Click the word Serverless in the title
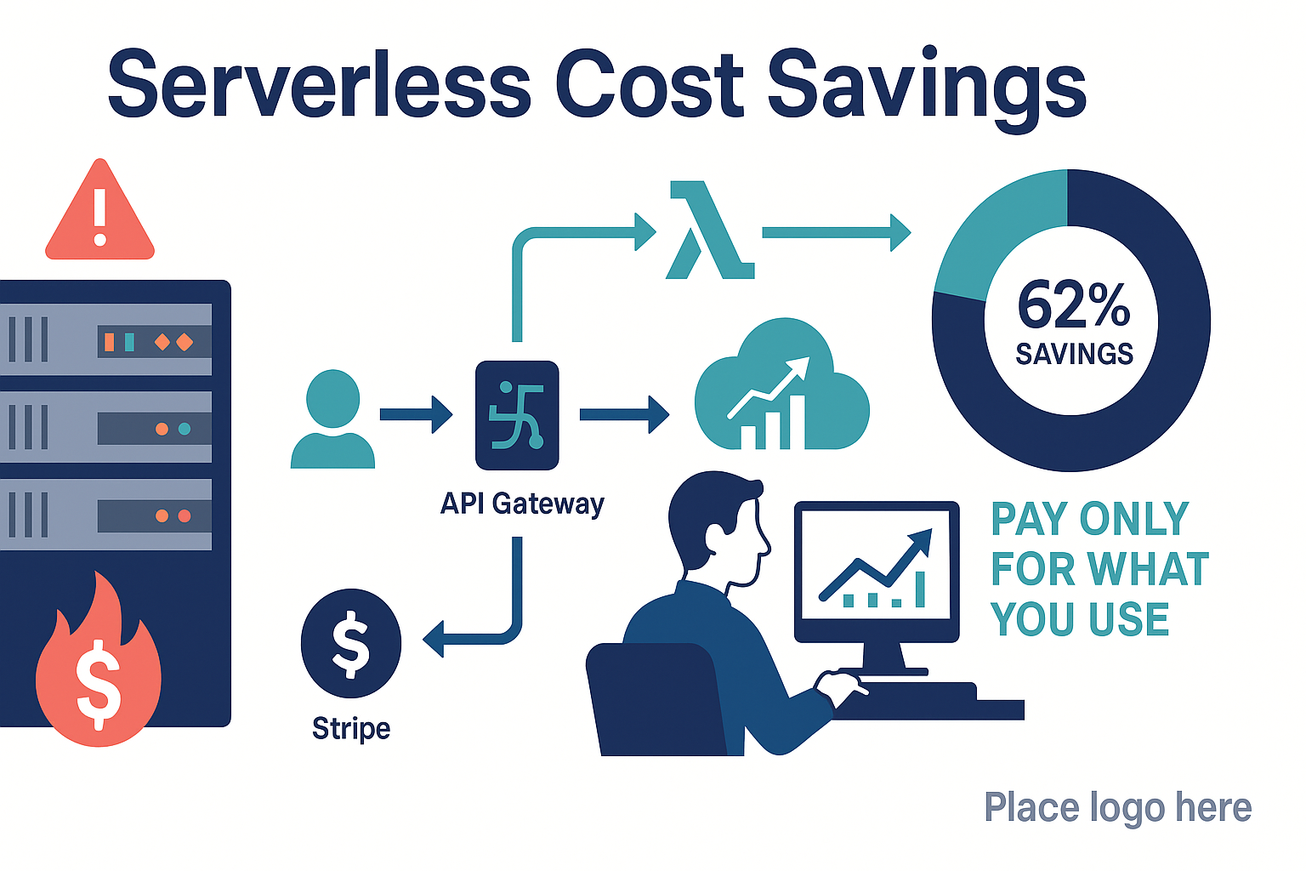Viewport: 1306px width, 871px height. pos(319,84)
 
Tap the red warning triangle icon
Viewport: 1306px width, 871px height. pos(99,210)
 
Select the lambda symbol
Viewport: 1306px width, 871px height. pos(710,230)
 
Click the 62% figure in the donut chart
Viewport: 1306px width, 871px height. pos(1073,305)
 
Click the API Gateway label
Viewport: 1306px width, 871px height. pos(522,504)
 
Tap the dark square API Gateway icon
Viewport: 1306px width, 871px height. pos(517,415)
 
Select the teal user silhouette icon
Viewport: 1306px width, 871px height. pos(333,418)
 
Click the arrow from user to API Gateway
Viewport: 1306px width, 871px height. pos(416,414)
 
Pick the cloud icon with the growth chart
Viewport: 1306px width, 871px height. pos(782,385)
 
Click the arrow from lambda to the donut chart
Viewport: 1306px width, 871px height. pos(837,233)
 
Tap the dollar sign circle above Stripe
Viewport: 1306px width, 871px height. pos(351,643)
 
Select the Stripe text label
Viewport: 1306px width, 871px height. pos(351,729)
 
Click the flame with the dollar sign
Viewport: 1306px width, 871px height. pos(99,662)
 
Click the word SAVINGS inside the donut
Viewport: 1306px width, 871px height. pos(1075,355)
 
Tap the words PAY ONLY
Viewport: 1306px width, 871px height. pos(1090,519)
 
